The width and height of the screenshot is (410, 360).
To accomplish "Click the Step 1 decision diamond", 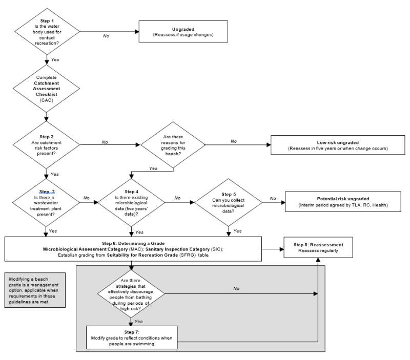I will tap(47, 32).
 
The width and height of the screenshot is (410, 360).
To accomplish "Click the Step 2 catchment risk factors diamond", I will tap(47, 144).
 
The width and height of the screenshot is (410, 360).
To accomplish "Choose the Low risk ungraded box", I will tap(336, 144).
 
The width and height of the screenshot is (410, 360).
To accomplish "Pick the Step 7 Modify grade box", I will tap(132, 337).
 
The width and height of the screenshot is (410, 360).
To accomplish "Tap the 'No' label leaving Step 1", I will tap(106, 36).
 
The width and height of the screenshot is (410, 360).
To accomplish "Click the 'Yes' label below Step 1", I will tap(55, 59).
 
